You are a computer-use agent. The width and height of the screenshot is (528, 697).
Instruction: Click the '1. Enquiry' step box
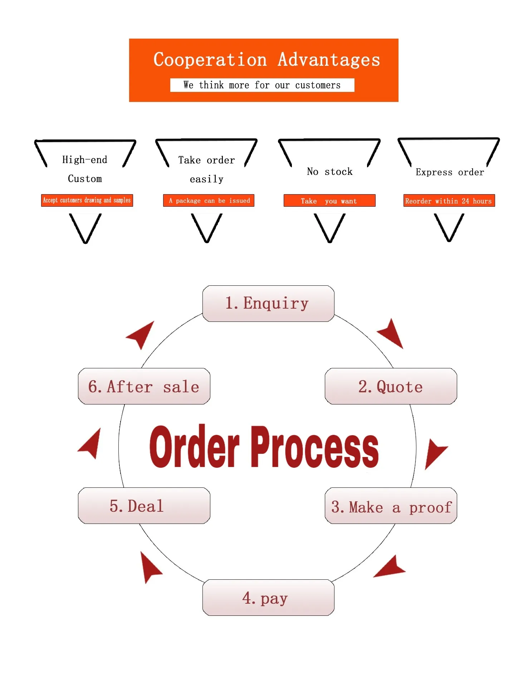268,304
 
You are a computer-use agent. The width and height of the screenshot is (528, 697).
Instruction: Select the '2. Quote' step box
391,387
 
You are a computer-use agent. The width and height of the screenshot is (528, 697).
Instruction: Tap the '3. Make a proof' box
391,506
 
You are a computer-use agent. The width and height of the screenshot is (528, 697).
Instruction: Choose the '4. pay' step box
268,598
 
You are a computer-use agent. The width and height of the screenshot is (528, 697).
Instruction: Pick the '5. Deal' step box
144,506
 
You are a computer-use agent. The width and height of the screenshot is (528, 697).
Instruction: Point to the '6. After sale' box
144,387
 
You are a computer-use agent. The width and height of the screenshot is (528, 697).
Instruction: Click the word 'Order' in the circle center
194,447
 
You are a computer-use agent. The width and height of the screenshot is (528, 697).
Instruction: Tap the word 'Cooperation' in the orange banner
210,59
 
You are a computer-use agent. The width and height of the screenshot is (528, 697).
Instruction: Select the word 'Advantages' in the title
329,59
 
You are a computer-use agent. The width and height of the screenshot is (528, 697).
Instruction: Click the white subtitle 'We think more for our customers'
262,85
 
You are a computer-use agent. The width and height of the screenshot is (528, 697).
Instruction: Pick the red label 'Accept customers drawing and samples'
87,200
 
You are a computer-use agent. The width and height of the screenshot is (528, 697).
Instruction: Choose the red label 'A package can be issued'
209,201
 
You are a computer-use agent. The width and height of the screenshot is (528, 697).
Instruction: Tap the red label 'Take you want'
329,201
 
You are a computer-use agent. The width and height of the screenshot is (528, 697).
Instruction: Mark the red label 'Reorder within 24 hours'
449,201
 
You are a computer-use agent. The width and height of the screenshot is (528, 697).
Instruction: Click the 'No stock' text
329,172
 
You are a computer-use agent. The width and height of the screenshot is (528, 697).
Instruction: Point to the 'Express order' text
450,172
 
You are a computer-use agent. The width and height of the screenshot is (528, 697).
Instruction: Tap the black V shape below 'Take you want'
329,227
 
